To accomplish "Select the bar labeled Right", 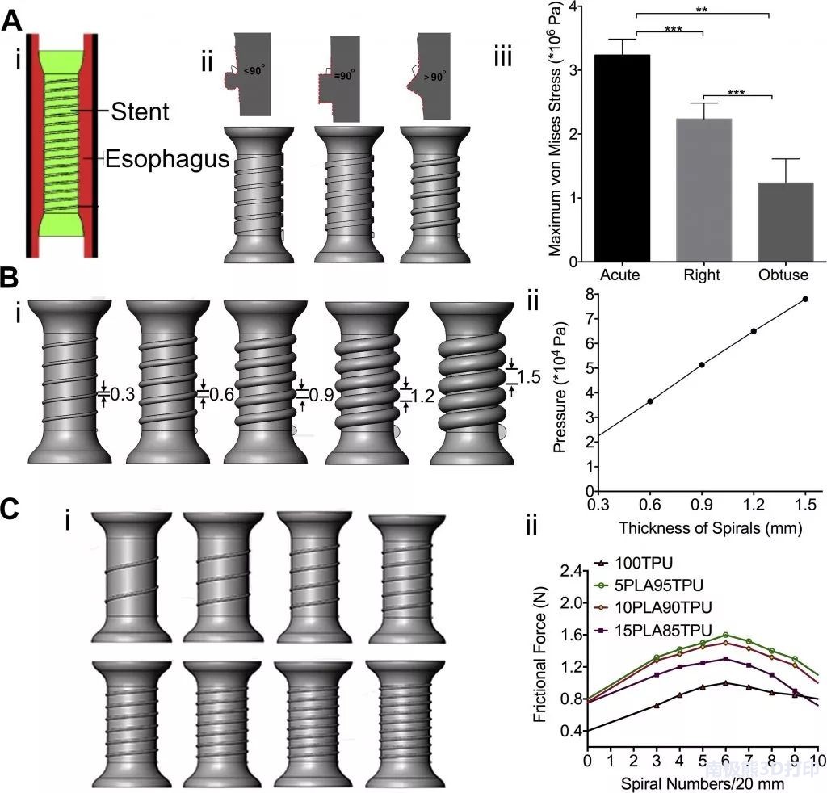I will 703,190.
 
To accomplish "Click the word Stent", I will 140,111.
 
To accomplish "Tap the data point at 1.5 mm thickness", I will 805,299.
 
